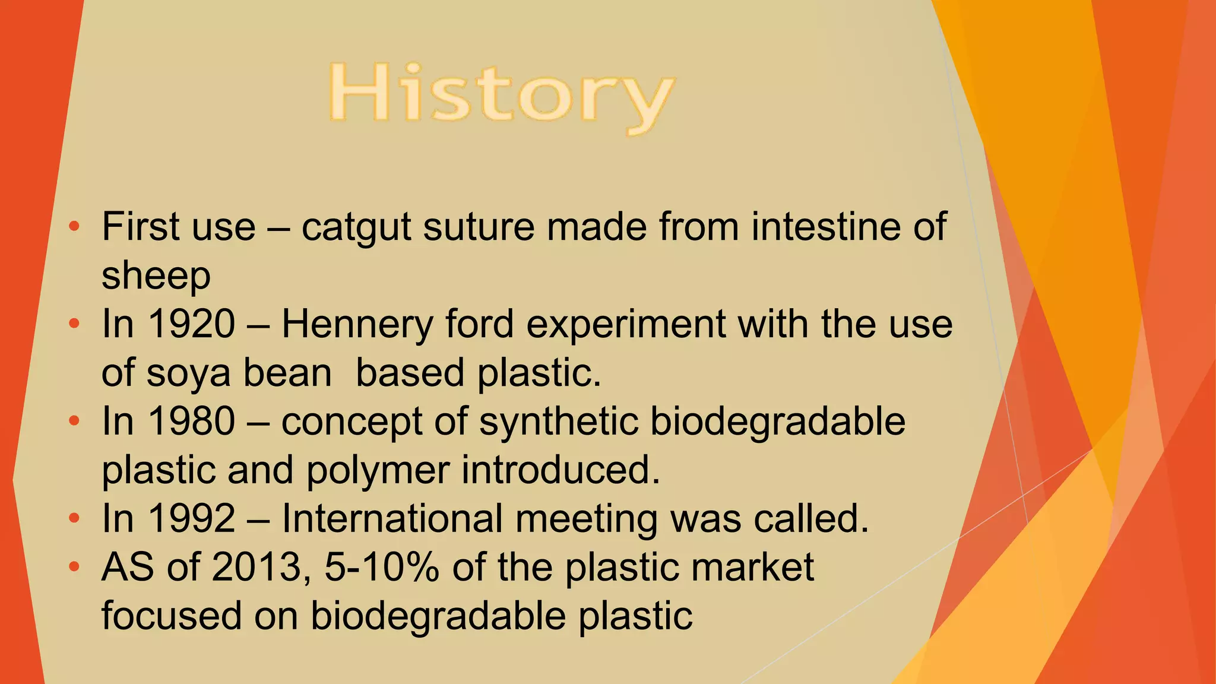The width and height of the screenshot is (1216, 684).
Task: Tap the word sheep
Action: point(156,276)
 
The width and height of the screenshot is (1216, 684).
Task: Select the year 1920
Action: point(191,324)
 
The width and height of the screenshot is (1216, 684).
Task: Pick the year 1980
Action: point(191,422)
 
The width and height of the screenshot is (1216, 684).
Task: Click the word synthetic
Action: point(559,422)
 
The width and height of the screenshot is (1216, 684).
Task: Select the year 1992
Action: point(191,519)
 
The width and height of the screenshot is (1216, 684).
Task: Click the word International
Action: point(392,519)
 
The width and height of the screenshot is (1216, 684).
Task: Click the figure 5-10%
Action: point(382,568)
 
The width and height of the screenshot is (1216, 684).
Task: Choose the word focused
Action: point(172,616)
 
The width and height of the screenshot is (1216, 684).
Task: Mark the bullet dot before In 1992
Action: point(74,518)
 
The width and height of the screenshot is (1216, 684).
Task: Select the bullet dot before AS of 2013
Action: point(74,567)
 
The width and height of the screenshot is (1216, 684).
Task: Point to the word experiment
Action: point(626,325)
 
